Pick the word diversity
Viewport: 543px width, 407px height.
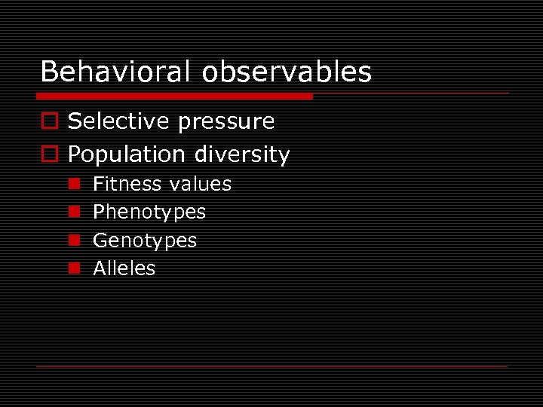click(x=242, y=155)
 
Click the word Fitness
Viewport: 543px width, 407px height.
click(x=127, y=184)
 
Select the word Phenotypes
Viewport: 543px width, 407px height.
click(x=149, y=213)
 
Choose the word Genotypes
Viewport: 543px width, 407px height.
click(x=145, y=241)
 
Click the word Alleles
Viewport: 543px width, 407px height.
click(x=124, y=268)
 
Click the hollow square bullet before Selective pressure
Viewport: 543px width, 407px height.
click(x=49, y=121)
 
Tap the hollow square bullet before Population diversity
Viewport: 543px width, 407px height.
click(x=49, y=155)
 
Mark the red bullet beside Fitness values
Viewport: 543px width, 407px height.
click(x=74, y=184)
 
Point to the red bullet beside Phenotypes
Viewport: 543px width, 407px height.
click(x=74, y=212)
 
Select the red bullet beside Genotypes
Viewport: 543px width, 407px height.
click(x=74, y=240)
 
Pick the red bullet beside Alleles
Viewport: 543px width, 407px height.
click(x=74, y=268)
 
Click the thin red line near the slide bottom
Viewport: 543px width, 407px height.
click(x=271, y=366)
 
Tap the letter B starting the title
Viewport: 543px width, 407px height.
click(x=49, y=72)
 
